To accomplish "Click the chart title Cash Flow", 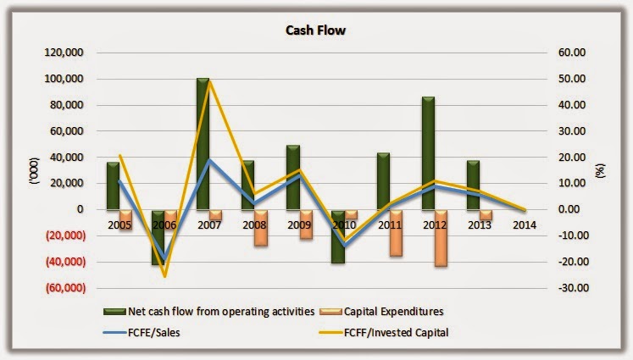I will (x=316, y=30).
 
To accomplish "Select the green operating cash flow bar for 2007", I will (x=203, y=144).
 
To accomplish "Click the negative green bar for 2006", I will (x=158, y=237).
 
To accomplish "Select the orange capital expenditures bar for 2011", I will (x=397, y=233).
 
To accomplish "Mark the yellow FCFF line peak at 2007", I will (x=209, y=80).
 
